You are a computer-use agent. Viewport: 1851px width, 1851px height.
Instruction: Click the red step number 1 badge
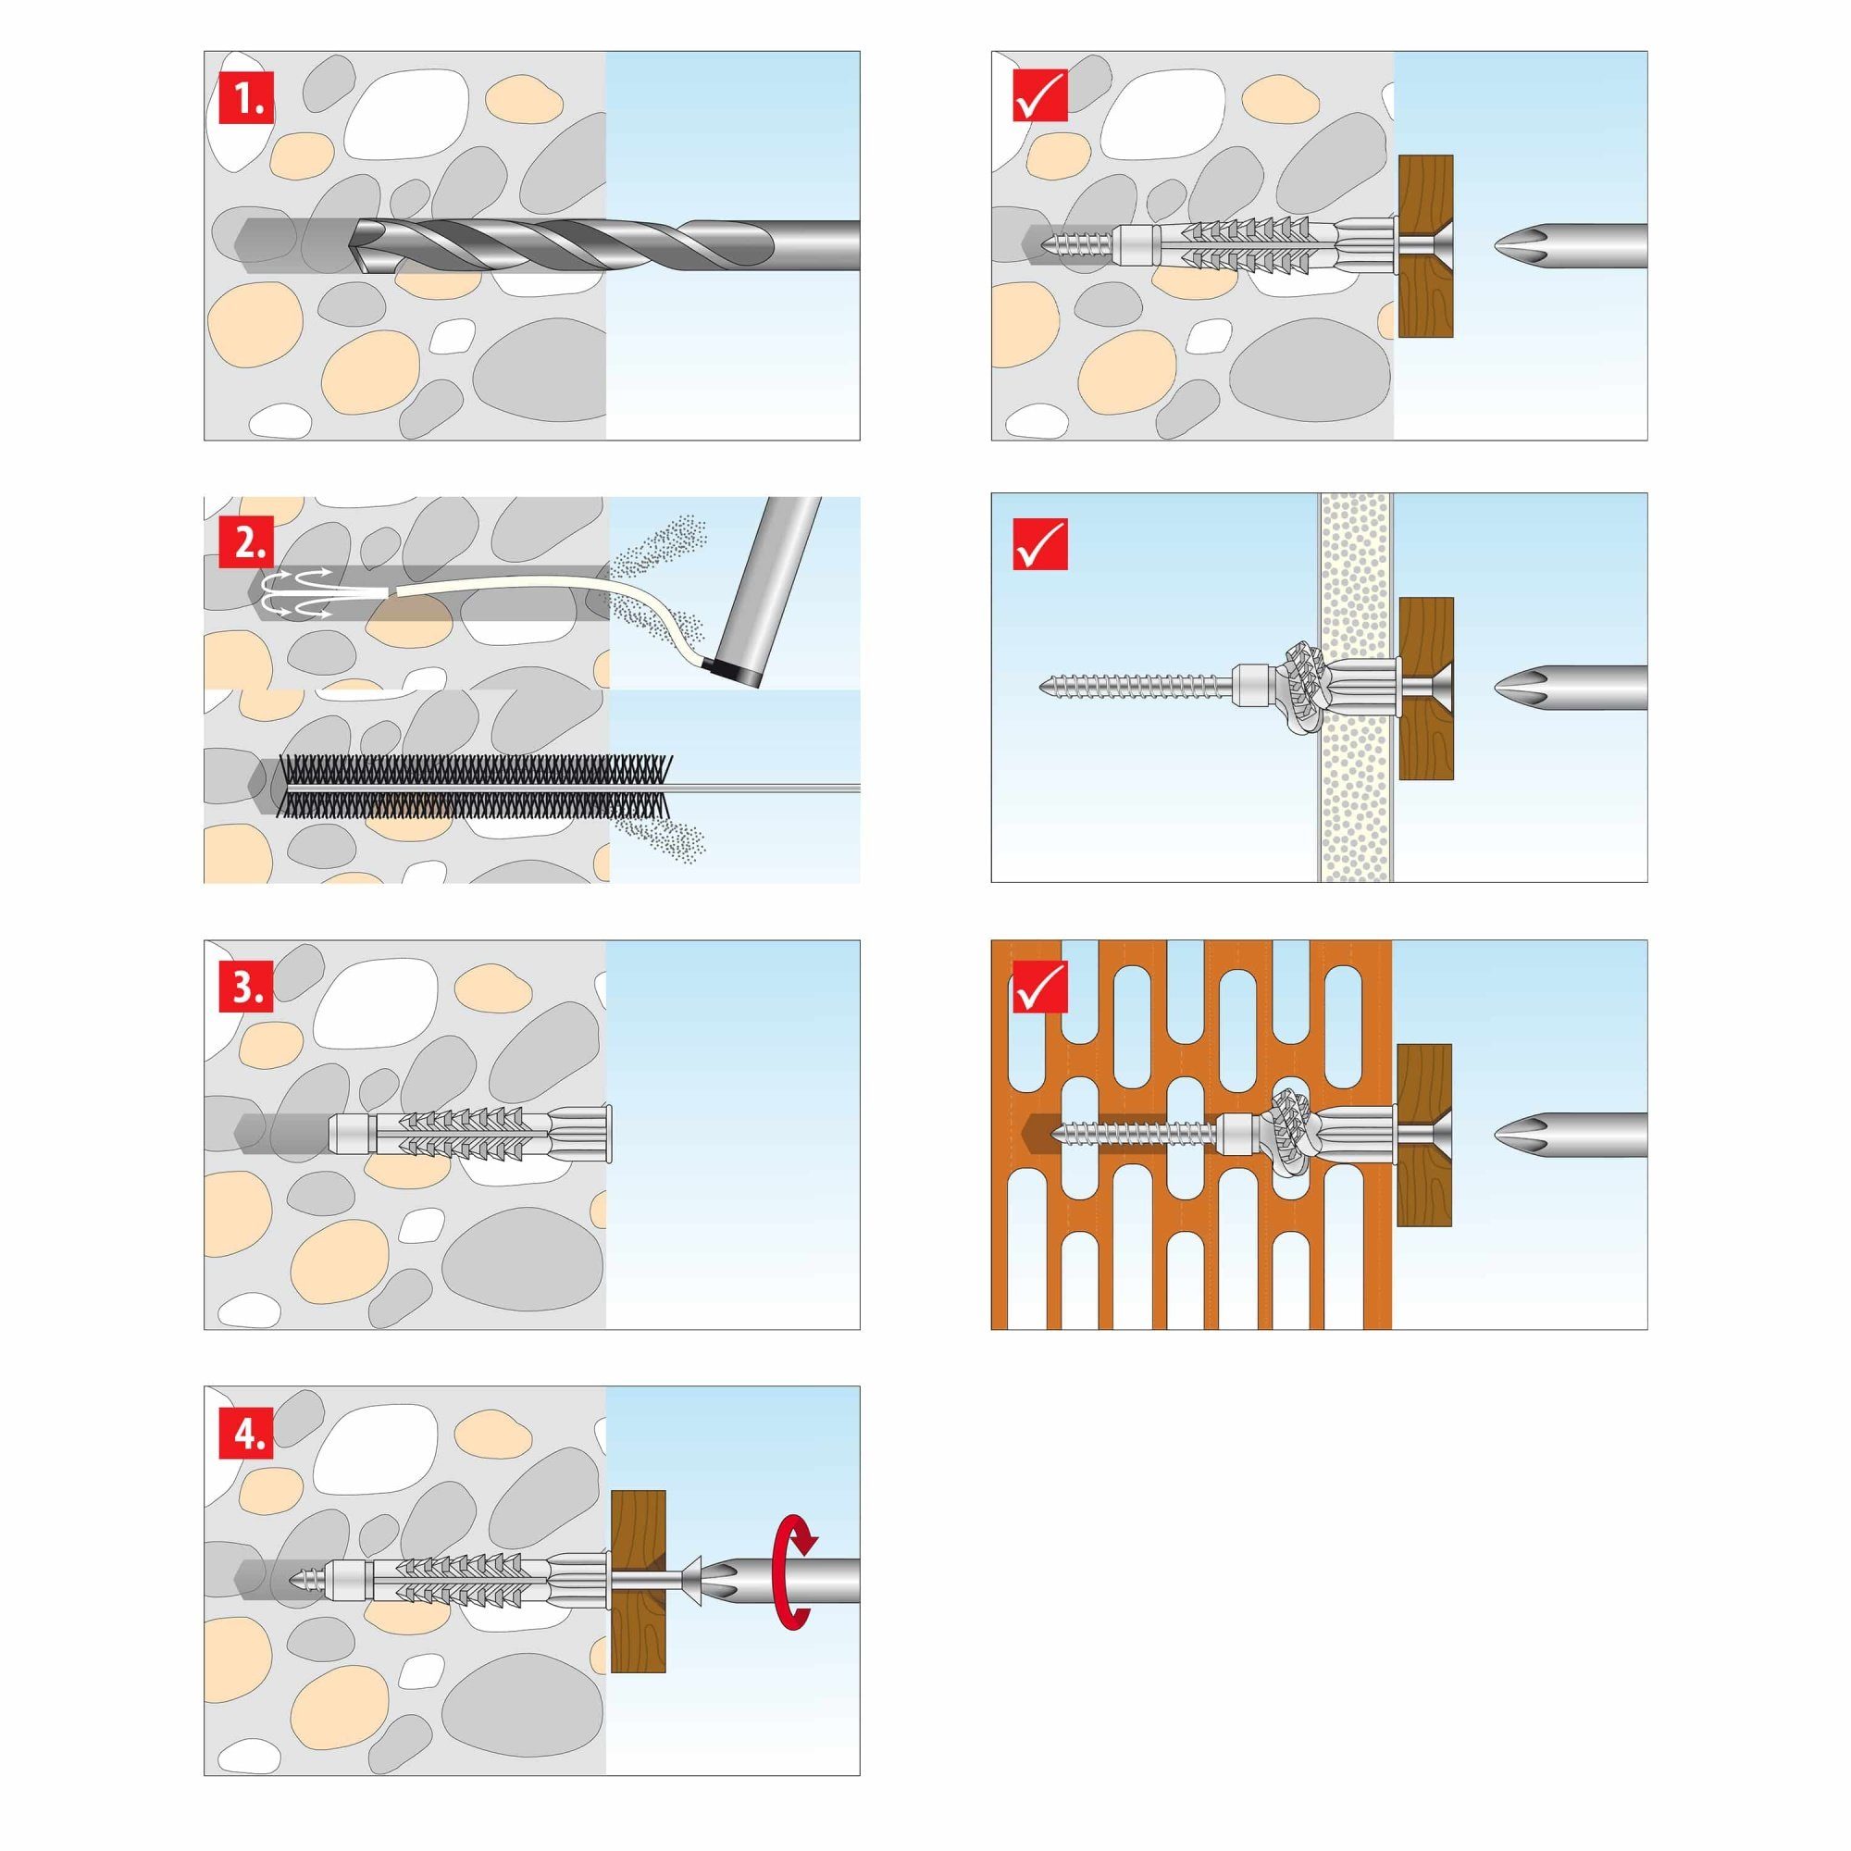245,98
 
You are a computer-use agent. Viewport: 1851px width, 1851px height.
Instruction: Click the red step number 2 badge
245,543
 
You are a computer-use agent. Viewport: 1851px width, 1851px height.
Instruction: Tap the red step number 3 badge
245,988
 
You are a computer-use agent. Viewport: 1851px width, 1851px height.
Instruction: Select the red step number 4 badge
245,1434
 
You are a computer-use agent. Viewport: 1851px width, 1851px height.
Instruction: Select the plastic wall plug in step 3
469,1136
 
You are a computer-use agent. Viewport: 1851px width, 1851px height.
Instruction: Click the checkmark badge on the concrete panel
1039,98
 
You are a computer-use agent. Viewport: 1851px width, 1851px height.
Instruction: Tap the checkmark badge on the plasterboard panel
1039,543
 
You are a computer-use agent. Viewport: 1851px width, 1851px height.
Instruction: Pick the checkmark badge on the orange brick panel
1039,988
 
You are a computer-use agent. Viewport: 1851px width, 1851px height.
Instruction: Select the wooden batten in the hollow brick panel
1423,1136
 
